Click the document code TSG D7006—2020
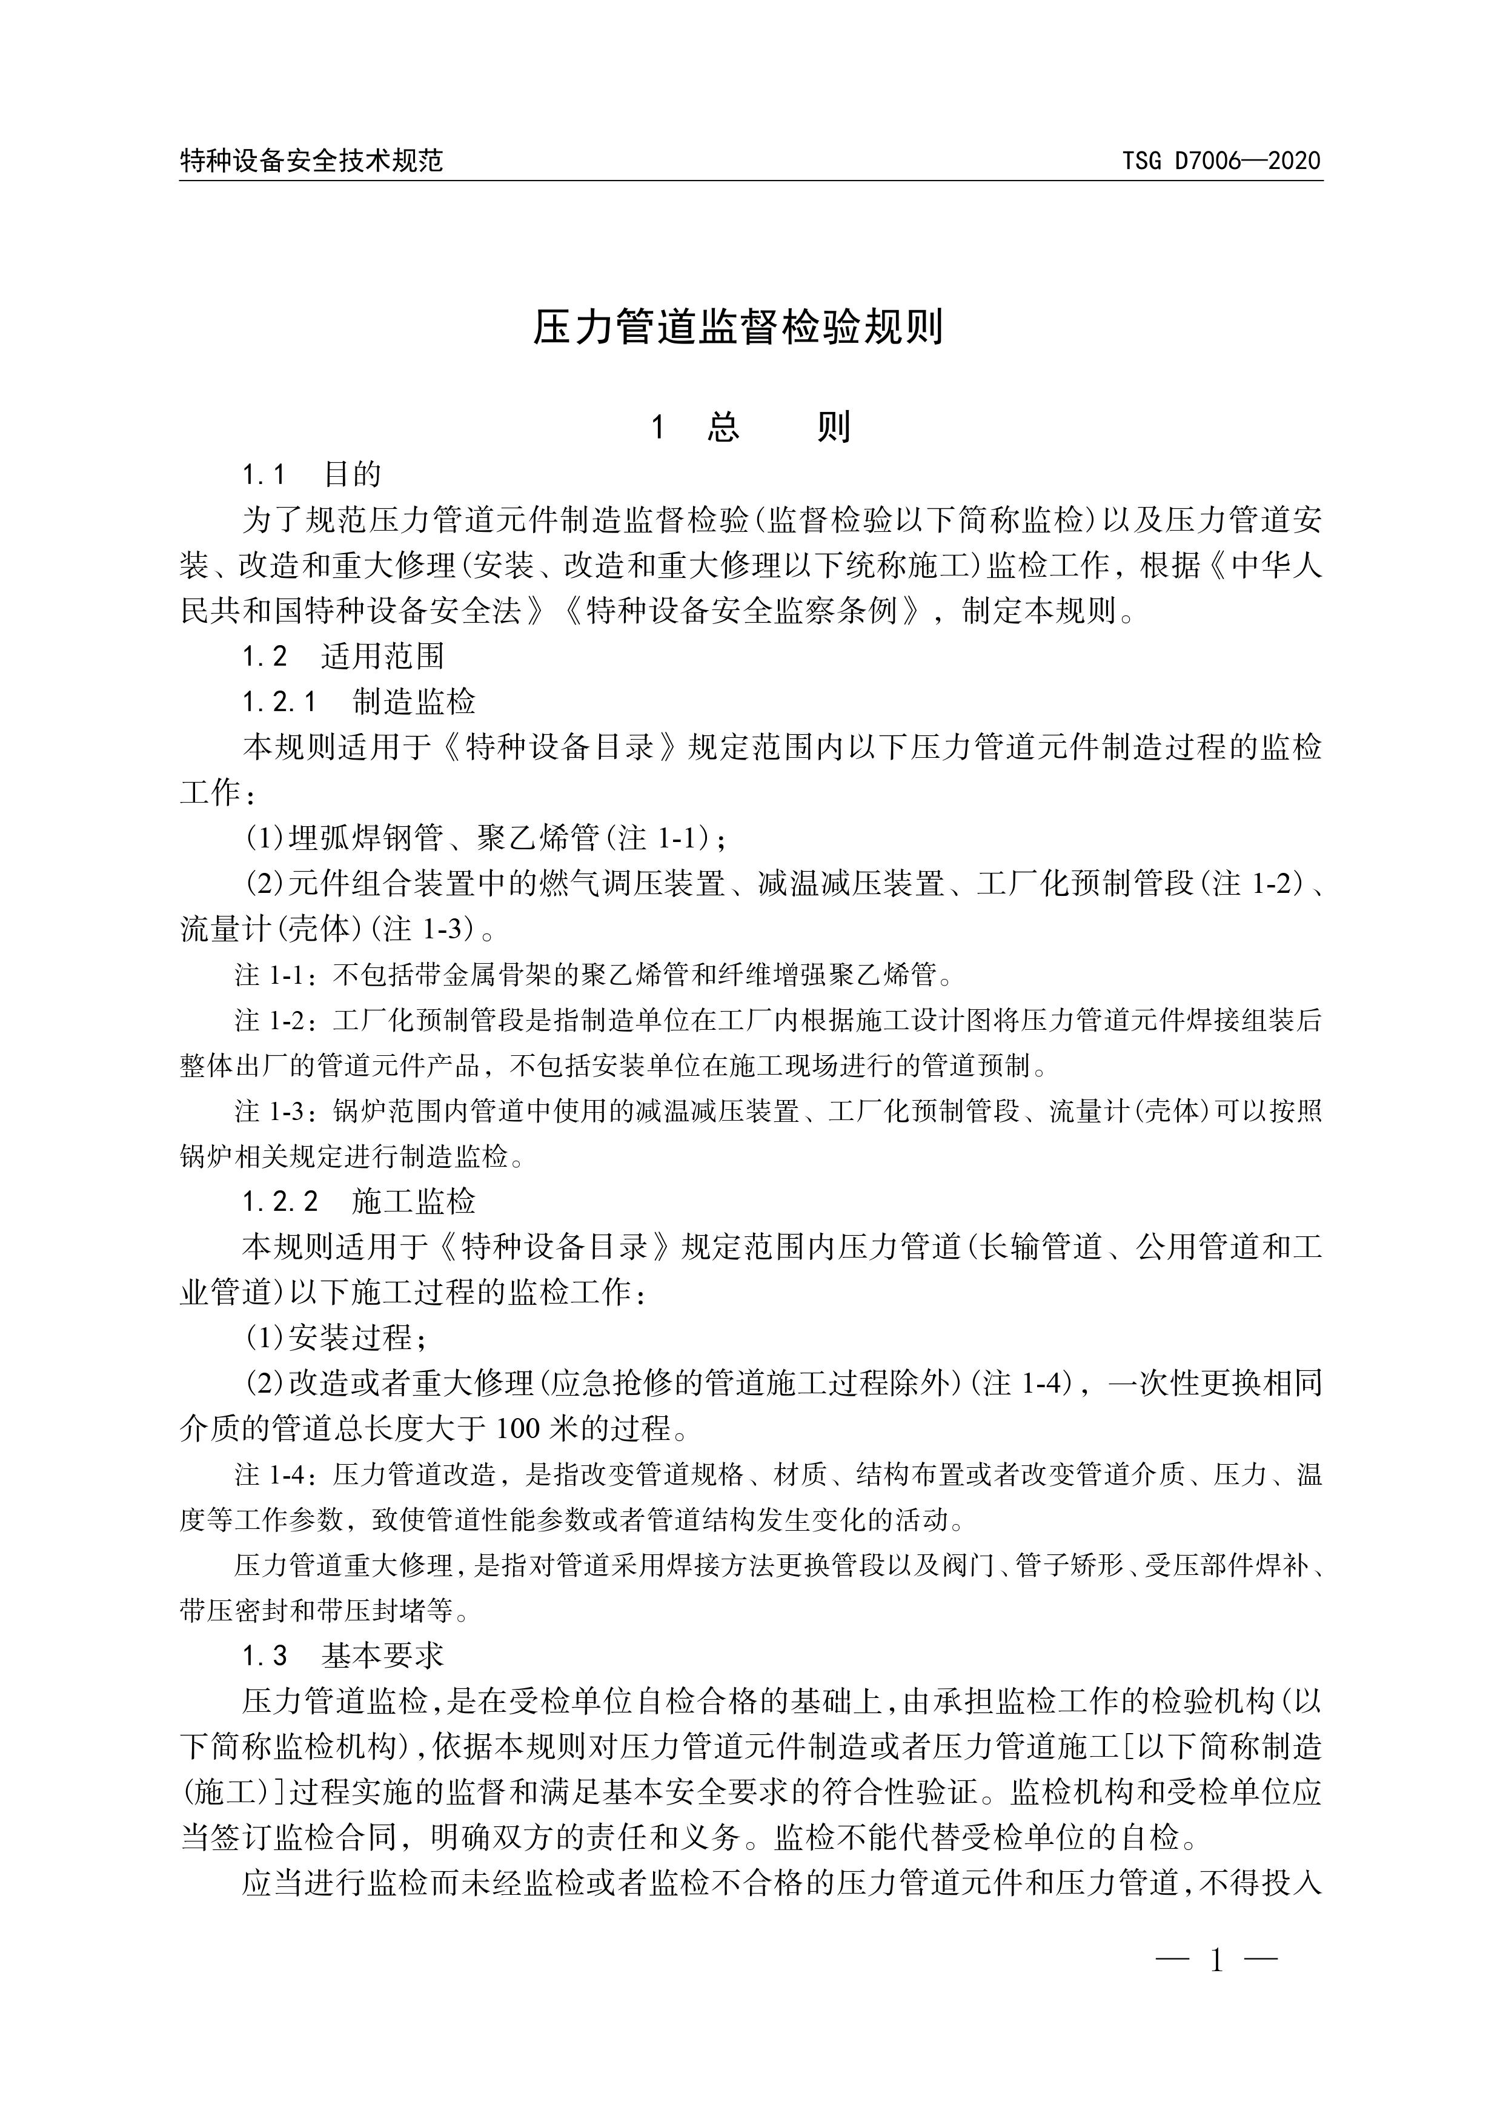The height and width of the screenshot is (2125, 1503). (1222, 162)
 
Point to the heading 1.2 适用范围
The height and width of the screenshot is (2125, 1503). (342, 656)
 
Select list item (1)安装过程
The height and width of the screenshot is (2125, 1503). (336, 1338)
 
